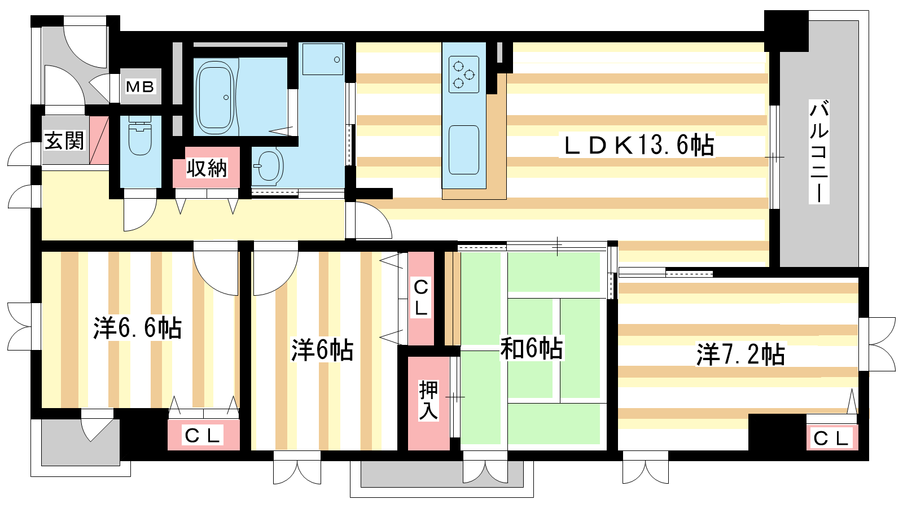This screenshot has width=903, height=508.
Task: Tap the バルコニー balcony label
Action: click(x=819, y=152)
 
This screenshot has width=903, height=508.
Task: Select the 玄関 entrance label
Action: click(x=64, y=141)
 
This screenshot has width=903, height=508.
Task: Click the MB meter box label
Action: click(x=140, y=87)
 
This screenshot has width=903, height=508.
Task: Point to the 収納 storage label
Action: click(x=207, y=168)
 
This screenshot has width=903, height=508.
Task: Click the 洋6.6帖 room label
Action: click(x=138, y=328)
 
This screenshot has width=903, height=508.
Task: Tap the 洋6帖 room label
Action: click(x=322, y=350)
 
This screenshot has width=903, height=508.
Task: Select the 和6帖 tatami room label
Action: click(x=531, y=348)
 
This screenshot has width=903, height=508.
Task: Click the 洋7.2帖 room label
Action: click(x=740, y=354)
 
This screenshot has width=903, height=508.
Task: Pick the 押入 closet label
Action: click(x=428, y=400)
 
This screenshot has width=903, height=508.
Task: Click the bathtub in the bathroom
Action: click(x=215, y=98)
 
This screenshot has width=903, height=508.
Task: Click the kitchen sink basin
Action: click(x=463, y=150)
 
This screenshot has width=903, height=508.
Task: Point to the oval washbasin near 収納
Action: click(x=268, y=166)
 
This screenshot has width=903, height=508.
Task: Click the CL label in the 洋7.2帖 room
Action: click(x=832, y=439)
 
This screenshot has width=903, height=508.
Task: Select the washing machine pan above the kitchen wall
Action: click(x=323, y=59)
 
